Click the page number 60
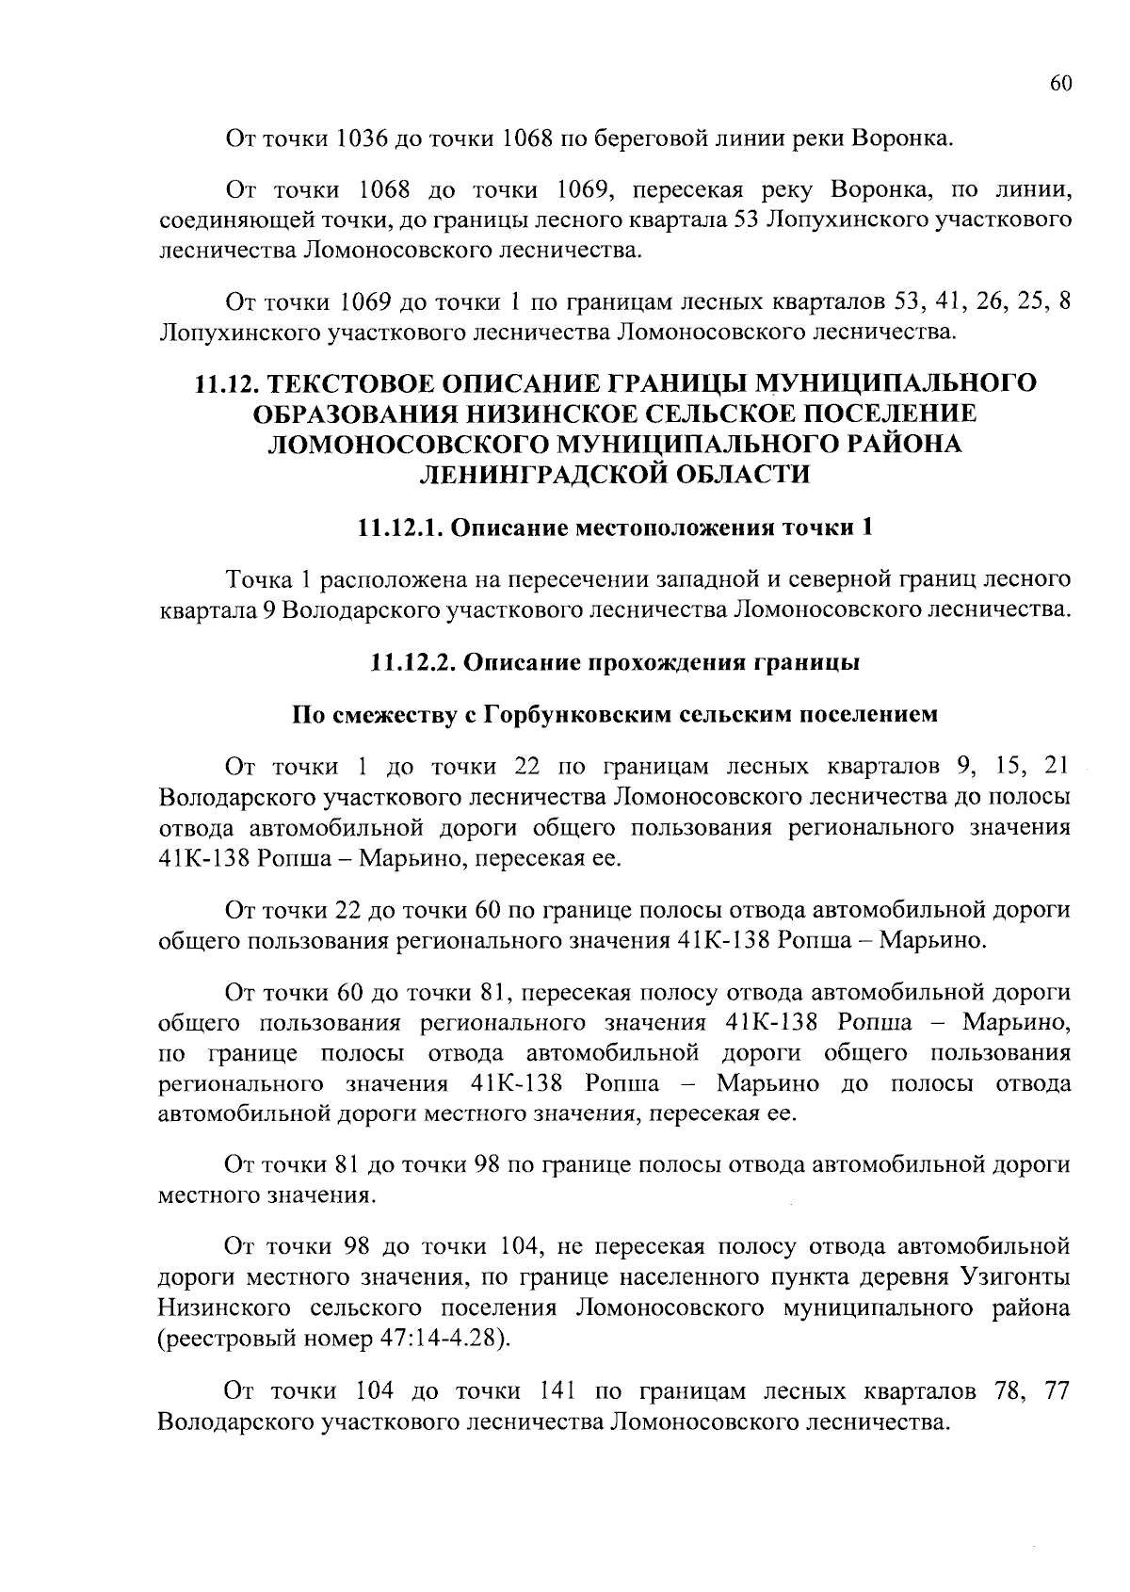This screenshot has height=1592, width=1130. tap(1060, 84)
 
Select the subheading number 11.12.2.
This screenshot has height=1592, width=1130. tap(410, 662)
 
